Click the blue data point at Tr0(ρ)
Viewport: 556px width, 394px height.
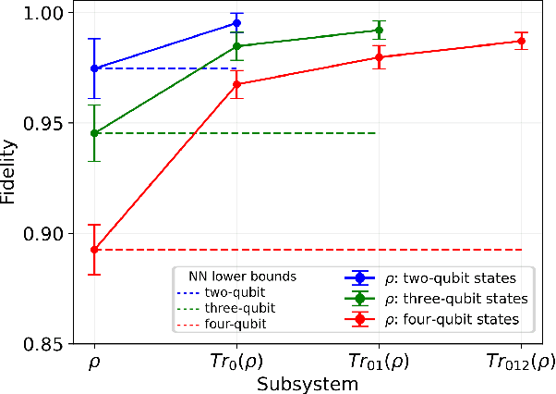(236, 22)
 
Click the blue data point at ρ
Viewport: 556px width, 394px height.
(94, 68)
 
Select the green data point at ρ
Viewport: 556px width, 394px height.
(94, 133)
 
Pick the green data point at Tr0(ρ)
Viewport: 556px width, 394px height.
(236, 45)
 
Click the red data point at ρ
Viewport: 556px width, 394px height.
(94, 250)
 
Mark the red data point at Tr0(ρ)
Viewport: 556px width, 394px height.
(236, 84)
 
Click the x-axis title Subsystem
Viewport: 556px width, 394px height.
(308, 384)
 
